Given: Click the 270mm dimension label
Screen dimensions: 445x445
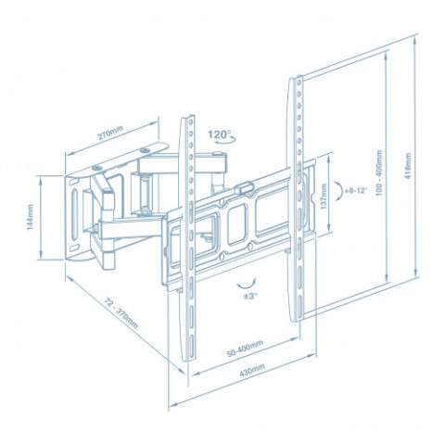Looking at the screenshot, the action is coord(110,133).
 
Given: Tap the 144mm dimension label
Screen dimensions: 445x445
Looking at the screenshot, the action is coord(30,217).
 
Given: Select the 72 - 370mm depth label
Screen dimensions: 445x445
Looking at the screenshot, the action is coord(121,313).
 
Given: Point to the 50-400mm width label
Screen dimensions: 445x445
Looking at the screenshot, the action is coord(245,349).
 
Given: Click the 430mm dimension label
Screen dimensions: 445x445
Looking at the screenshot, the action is coord(252,370).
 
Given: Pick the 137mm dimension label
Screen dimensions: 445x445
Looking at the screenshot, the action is coord(324,197).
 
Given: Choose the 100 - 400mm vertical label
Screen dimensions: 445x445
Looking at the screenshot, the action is coord(379,172).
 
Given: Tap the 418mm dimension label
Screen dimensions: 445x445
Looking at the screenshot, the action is coord(408,166).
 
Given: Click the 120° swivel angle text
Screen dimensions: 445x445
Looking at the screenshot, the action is coord(219,134).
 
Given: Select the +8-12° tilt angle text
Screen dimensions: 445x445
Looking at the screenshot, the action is coord(356,190).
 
